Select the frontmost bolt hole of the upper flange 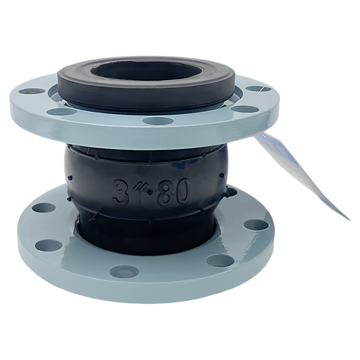[x=157, y=120]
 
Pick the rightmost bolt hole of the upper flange [x=258, y=89]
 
